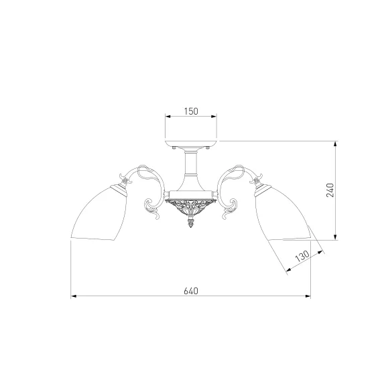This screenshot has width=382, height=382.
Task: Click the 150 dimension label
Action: (191, 111)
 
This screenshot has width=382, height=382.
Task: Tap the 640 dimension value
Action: (191, 291)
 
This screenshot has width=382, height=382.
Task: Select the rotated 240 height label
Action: (330, 190)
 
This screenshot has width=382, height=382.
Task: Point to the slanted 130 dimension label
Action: (302, 255)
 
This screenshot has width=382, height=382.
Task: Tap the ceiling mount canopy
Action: (191, 143)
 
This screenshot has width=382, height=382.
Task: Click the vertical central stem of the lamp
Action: (191, 164)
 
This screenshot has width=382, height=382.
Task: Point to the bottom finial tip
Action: (191, 227)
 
